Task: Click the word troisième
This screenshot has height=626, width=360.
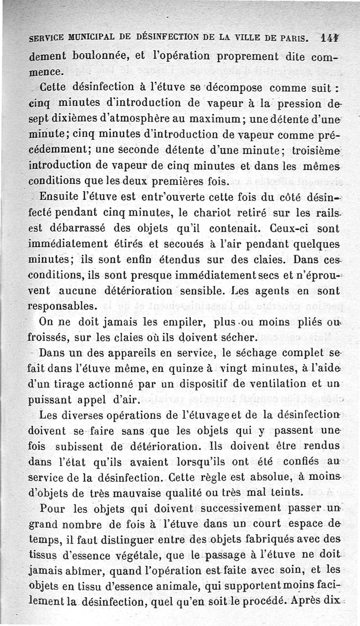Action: [313, 151]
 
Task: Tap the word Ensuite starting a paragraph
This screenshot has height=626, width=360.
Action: [57, 197]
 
